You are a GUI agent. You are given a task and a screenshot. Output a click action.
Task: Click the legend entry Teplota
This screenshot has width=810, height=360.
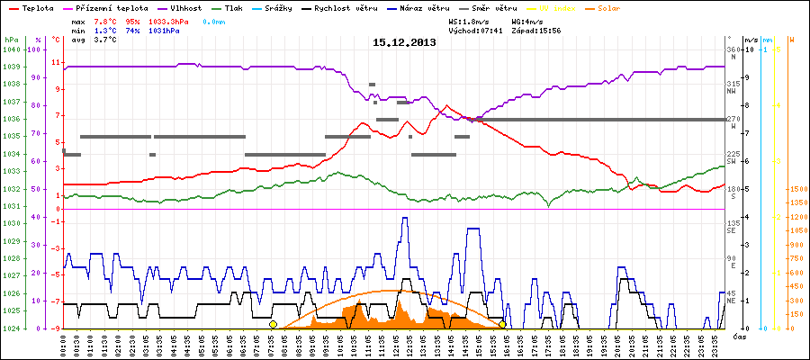[x=33, y=6]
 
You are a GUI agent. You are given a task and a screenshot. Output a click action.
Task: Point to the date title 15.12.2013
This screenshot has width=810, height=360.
[x=404, y=41]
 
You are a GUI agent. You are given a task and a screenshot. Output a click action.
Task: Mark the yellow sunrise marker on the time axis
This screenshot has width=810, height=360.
[x=273, y=324]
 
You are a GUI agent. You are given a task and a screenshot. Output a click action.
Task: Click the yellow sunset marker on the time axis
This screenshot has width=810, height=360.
[x=502, y=324]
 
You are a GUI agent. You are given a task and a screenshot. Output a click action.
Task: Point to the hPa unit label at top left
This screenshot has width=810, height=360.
[x=11, y=40]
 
